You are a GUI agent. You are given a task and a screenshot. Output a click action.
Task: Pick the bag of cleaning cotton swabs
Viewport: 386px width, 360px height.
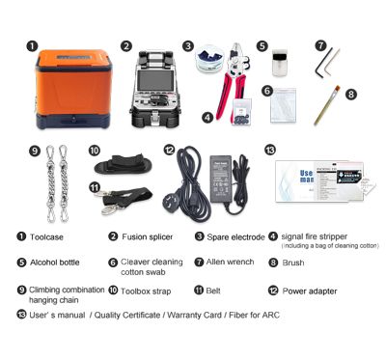tap(281, 105)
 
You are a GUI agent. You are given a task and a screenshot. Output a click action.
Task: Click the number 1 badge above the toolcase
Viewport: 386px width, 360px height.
tap(32, 44)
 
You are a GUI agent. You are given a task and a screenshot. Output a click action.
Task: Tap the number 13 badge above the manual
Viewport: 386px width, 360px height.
tap(269, 150)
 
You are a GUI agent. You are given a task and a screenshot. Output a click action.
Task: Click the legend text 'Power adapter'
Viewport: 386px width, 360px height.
tap(309, 289)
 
